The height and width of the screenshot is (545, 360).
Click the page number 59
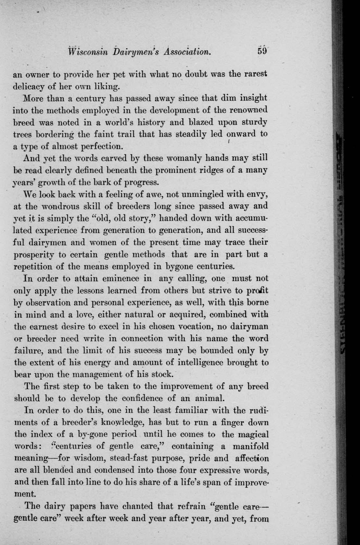coord(262,51)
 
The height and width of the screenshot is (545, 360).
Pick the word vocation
coord(191,326)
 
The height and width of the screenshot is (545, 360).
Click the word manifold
coord(251,446)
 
